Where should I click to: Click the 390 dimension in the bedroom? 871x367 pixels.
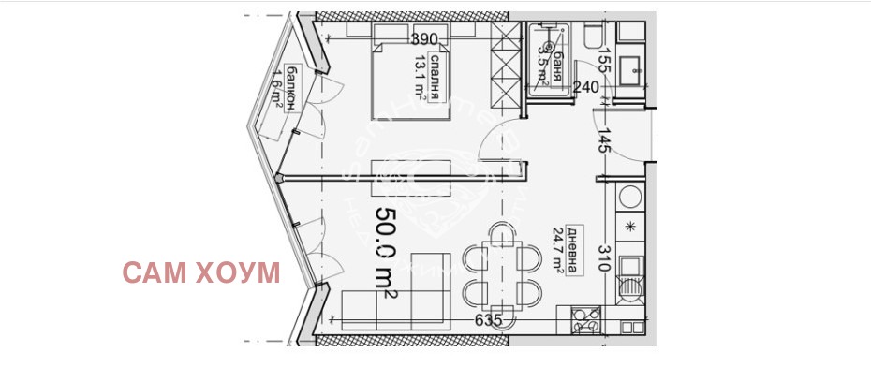click(x=425, y=38)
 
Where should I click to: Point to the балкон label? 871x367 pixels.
click(x=293, y=89)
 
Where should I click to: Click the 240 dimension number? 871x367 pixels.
click(x=586, y=88)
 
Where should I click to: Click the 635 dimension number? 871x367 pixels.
click(x=488, y=320)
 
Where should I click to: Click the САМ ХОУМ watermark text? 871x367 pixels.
click(x=201, y=273)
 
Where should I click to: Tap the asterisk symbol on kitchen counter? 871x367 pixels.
click(x=630, y=226)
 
